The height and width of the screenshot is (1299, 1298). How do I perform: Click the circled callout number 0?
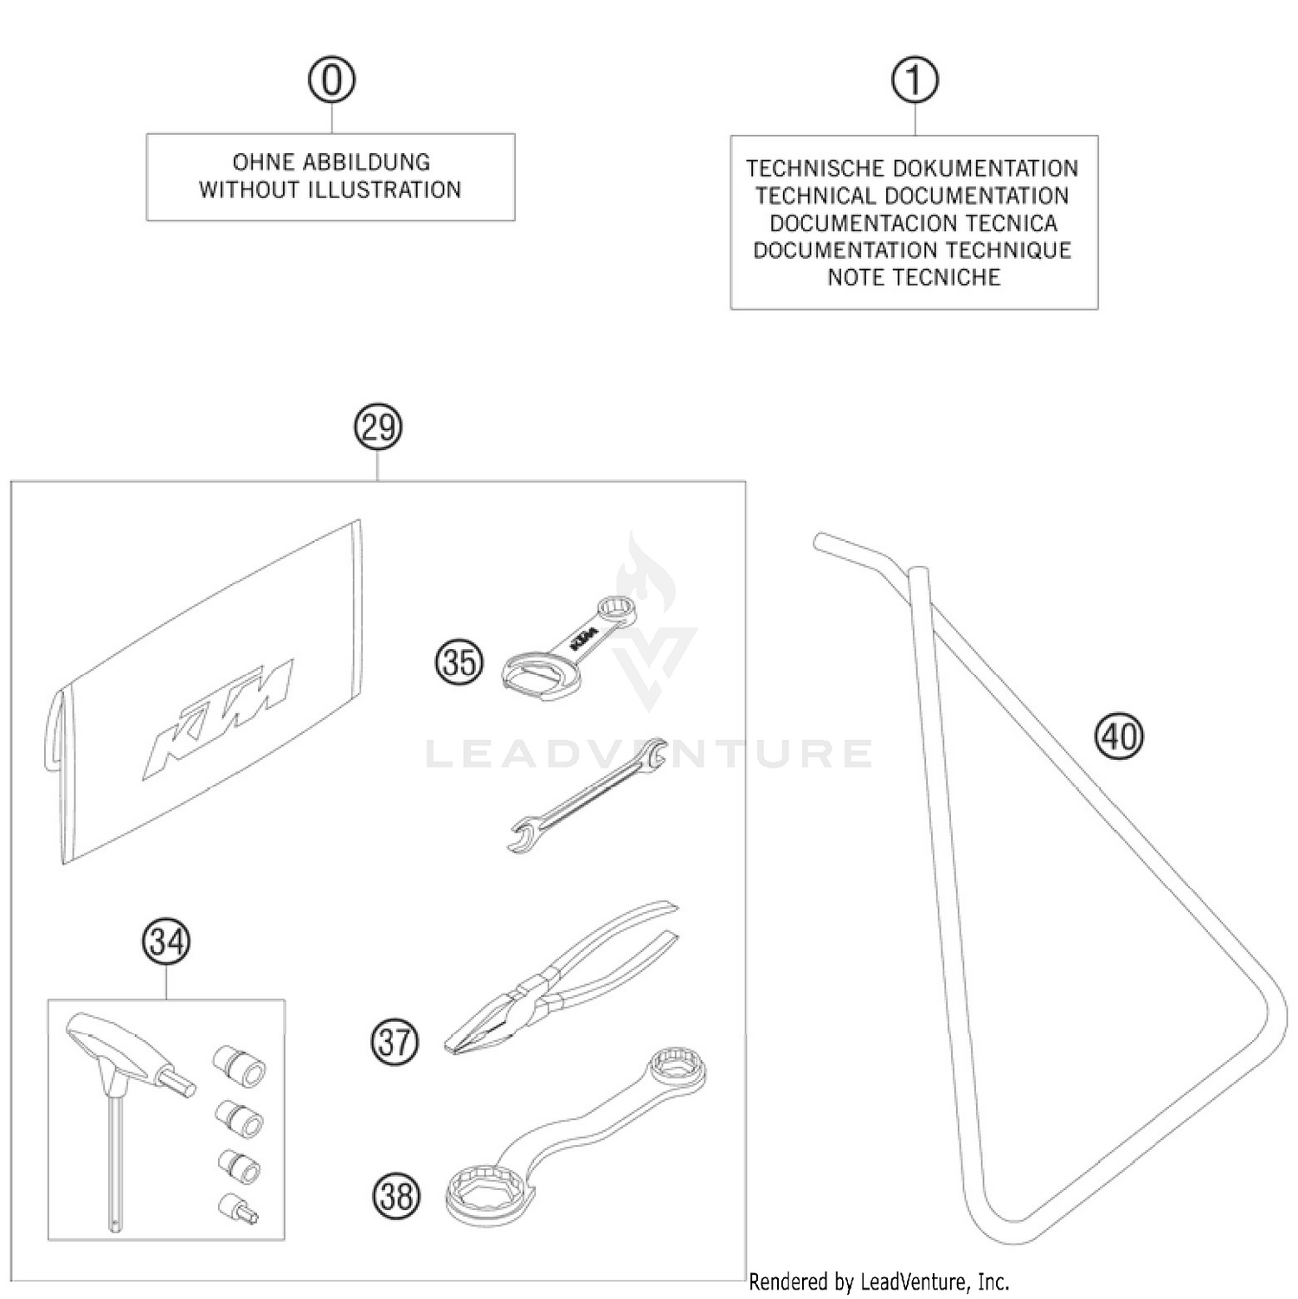pos(331,80)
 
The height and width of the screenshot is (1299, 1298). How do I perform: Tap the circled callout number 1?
pos(915,80)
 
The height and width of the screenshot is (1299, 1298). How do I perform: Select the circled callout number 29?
pos(378,428)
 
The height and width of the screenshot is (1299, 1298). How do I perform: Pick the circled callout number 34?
pos(165,942)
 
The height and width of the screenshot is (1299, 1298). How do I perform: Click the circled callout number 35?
pos(459,663)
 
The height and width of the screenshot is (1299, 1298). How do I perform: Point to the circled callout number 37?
pos(395,1041)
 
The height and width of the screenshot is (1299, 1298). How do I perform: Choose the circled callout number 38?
pos(396,1197)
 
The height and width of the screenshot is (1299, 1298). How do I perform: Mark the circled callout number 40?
pos(1119,736)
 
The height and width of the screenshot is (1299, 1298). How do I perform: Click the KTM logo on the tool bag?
pos(218,717)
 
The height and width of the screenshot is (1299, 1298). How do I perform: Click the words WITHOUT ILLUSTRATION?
pos(331,190)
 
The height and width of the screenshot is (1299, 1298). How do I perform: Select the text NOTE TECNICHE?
pos(914,278)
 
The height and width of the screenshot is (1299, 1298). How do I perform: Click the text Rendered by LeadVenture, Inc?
pos(878,1281)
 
